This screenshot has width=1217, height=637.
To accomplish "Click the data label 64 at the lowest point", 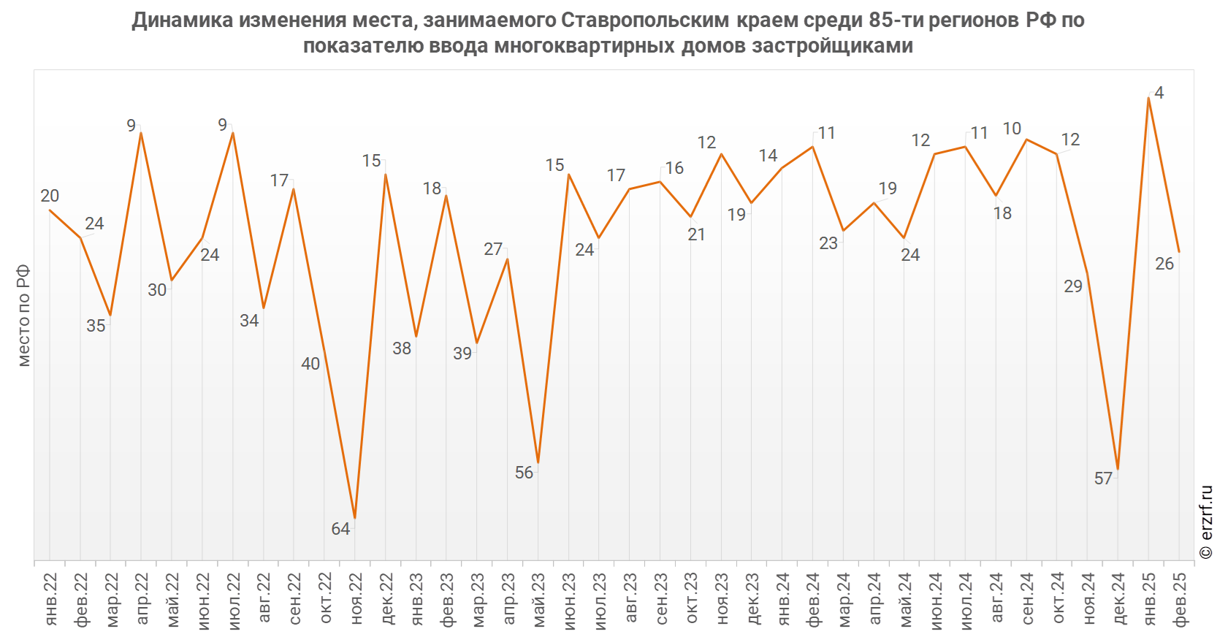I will [340, 529].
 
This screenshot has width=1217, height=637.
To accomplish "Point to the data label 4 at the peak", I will [1159, 94].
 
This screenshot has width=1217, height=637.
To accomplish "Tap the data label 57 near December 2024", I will [1103, 478].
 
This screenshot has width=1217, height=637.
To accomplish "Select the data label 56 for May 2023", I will [524, 473].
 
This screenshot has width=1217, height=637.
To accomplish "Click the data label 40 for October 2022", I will [310, 364].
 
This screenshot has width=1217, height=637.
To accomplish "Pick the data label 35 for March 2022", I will [96, 326].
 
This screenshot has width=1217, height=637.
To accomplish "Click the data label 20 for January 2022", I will [50, 196].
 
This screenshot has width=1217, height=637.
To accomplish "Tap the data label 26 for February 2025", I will [1164, 264].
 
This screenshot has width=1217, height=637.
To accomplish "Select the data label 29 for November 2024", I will [1072, 286].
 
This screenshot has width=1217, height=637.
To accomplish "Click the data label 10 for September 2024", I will [1012, 129].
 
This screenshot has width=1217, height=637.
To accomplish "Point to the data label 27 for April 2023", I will [493, 249].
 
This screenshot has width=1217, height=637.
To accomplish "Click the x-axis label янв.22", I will [50, 599].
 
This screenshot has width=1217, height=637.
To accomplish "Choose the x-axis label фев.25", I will [1180, 599].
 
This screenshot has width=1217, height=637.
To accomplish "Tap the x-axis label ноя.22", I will [356, 599].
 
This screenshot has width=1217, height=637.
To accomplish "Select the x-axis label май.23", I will [539, 599].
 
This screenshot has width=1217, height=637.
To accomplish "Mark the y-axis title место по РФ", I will [23, 315].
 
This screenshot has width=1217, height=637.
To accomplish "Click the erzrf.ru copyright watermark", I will [1206, 522].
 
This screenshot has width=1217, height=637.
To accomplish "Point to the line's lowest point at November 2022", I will [355, 518].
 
